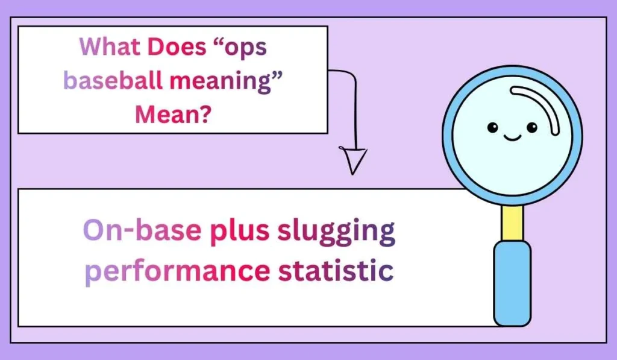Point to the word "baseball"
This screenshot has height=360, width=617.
[x=113, y=80]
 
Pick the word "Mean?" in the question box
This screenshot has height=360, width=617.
[x=172, y=112]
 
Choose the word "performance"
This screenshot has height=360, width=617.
[x=177, y=270]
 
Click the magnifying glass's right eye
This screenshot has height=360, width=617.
[x=531, y=127]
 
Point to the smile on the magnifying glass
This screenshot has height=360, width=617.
[x=512, y=138]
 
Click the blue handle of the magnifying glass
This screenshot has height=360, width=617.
[x=512, y=283]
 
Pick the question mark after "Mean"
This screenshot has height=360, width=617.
[x=204, y=112]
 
